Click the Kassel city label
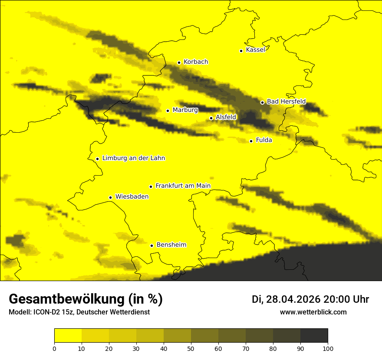[x=255, y=50]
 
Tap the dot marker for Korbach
[x=179, y=62]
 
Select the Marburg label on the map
[x=185, y=110]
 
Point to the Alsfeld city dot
[x=211, y=118]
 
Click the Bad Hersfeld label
[x=286, y=102]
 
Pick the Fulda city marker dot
[x=251, y=141]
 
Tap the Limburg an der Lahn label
[x=133, y=158]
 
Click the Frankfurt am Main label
[x=183, y=186]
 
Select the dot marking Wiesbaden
[x=110, y=197]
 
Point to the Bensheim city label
[x=171, y=245]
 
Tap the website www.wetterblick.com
[x=313, y=312]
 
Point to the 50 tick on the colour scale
[x=191, y=348]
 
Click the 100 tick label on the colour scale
[x=328, y=348]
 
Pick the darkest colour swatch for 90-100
[x=314, y=336]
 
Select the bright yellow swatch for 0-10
[x=68, y=336]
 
